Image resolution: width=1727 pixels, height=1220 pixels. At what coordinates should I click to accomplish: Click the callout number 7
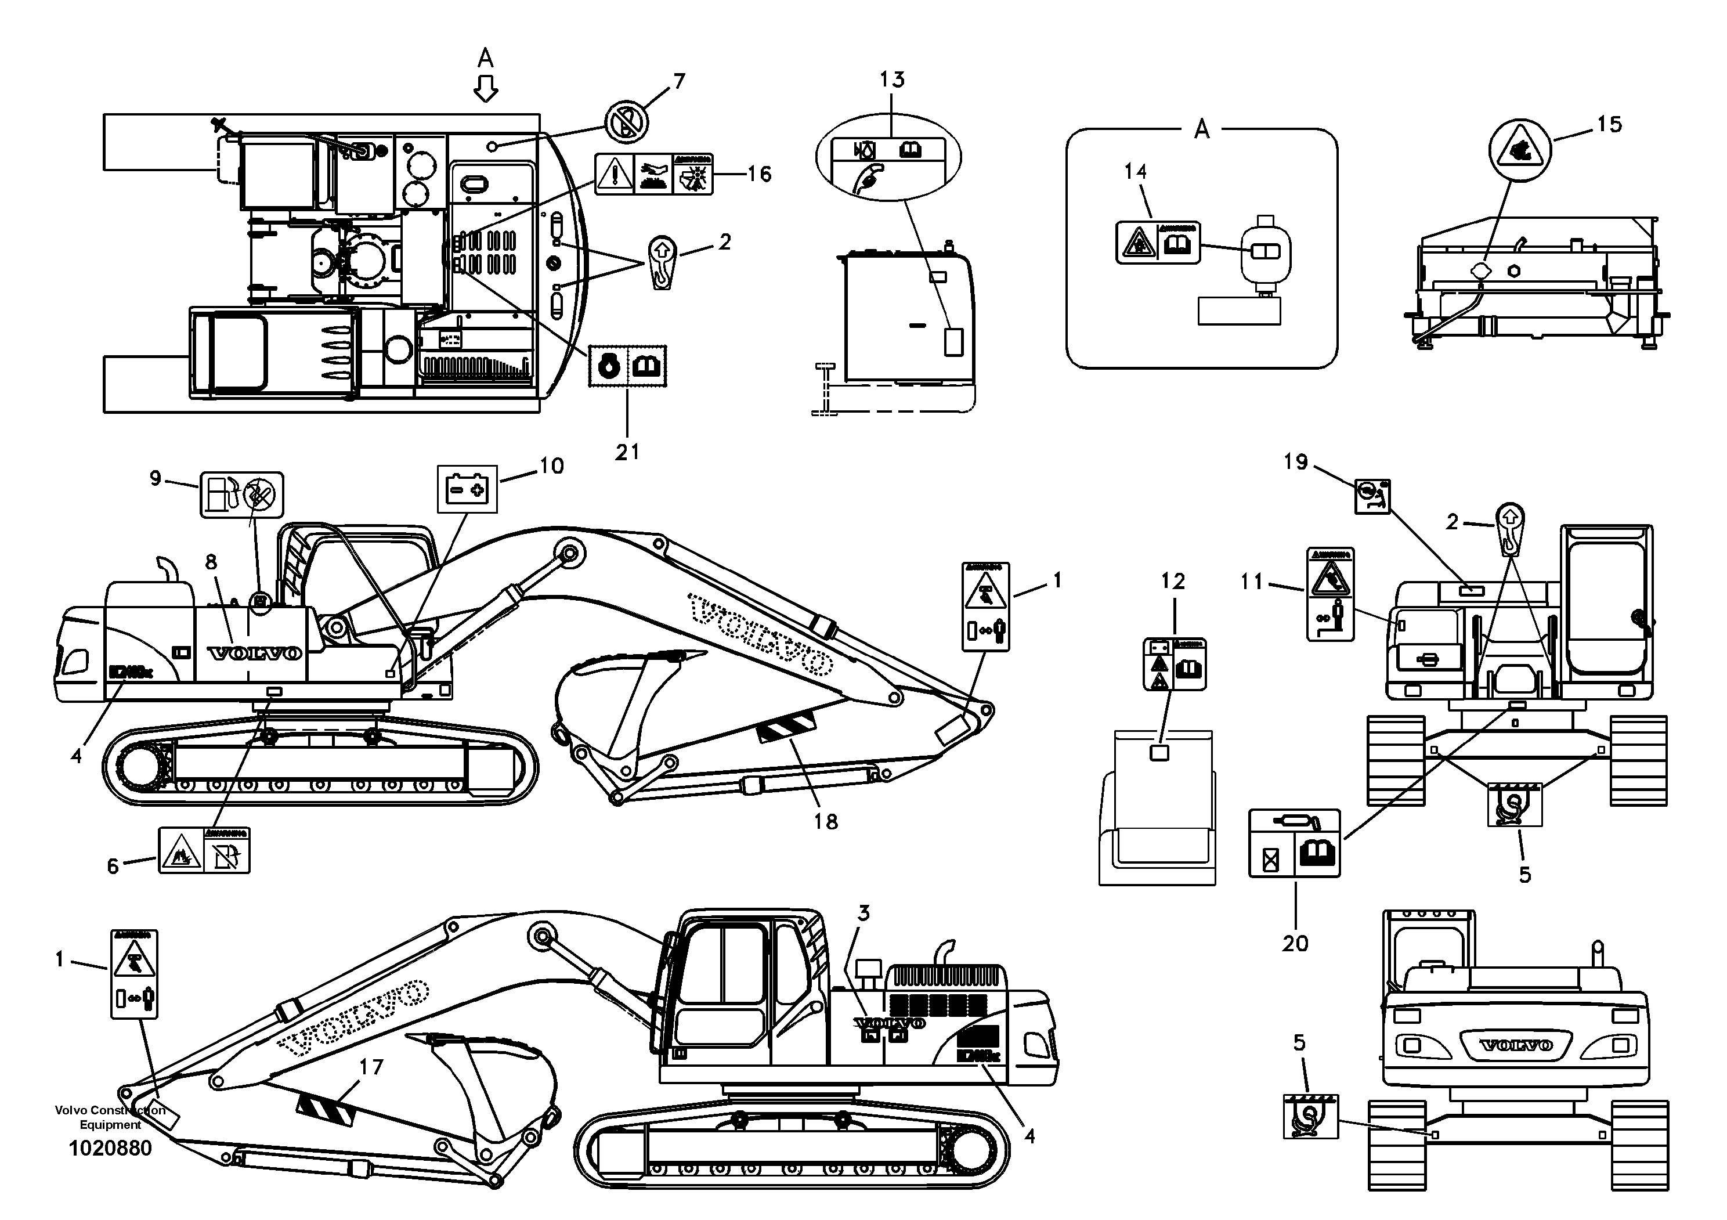pos(679,81)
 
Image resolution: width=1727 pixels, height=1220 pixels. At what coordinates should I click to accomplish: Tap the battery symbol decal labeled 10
pos(467,489)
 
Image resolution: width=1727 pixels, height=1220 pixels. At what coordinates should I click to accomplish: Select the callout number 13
pos(892,80)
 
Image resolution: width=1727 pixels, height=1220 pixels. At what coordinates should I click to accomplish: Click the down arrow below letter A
pos(486,89)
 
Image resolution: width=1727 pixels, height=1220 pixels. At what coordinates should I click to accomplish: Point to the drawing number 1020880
pos(111,1148)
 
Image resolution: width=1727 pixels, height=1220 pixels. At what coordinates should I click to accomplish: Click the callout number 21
pos(627,452)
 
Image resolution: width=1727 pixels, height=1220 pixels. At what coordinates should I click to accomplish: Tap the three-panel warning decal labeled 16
pos(653,175)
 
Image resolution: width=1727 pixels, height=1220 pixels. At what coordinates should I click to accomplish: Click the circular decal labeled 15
pos(1519,150)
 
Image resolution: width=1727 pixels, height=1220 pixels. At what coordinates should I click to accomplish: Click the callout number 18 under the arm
pos(825,821)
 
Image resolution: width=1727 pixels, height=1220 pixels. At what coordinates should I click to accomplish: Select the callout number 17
pos(371,1067)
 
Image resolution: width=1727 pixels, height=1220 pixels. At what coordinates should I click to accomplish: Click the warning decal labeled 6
pos(204,850)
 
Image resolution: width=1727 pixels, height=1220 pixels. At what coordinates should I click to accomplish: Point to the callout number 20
pos(1295,943)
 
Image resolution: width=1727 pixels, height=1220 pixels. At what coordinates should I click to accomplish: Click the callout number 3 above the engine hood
pos(863,913)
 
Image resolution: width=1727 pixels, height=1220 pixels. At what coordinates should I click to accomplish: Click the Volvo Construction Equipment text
pos(111,1118)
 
